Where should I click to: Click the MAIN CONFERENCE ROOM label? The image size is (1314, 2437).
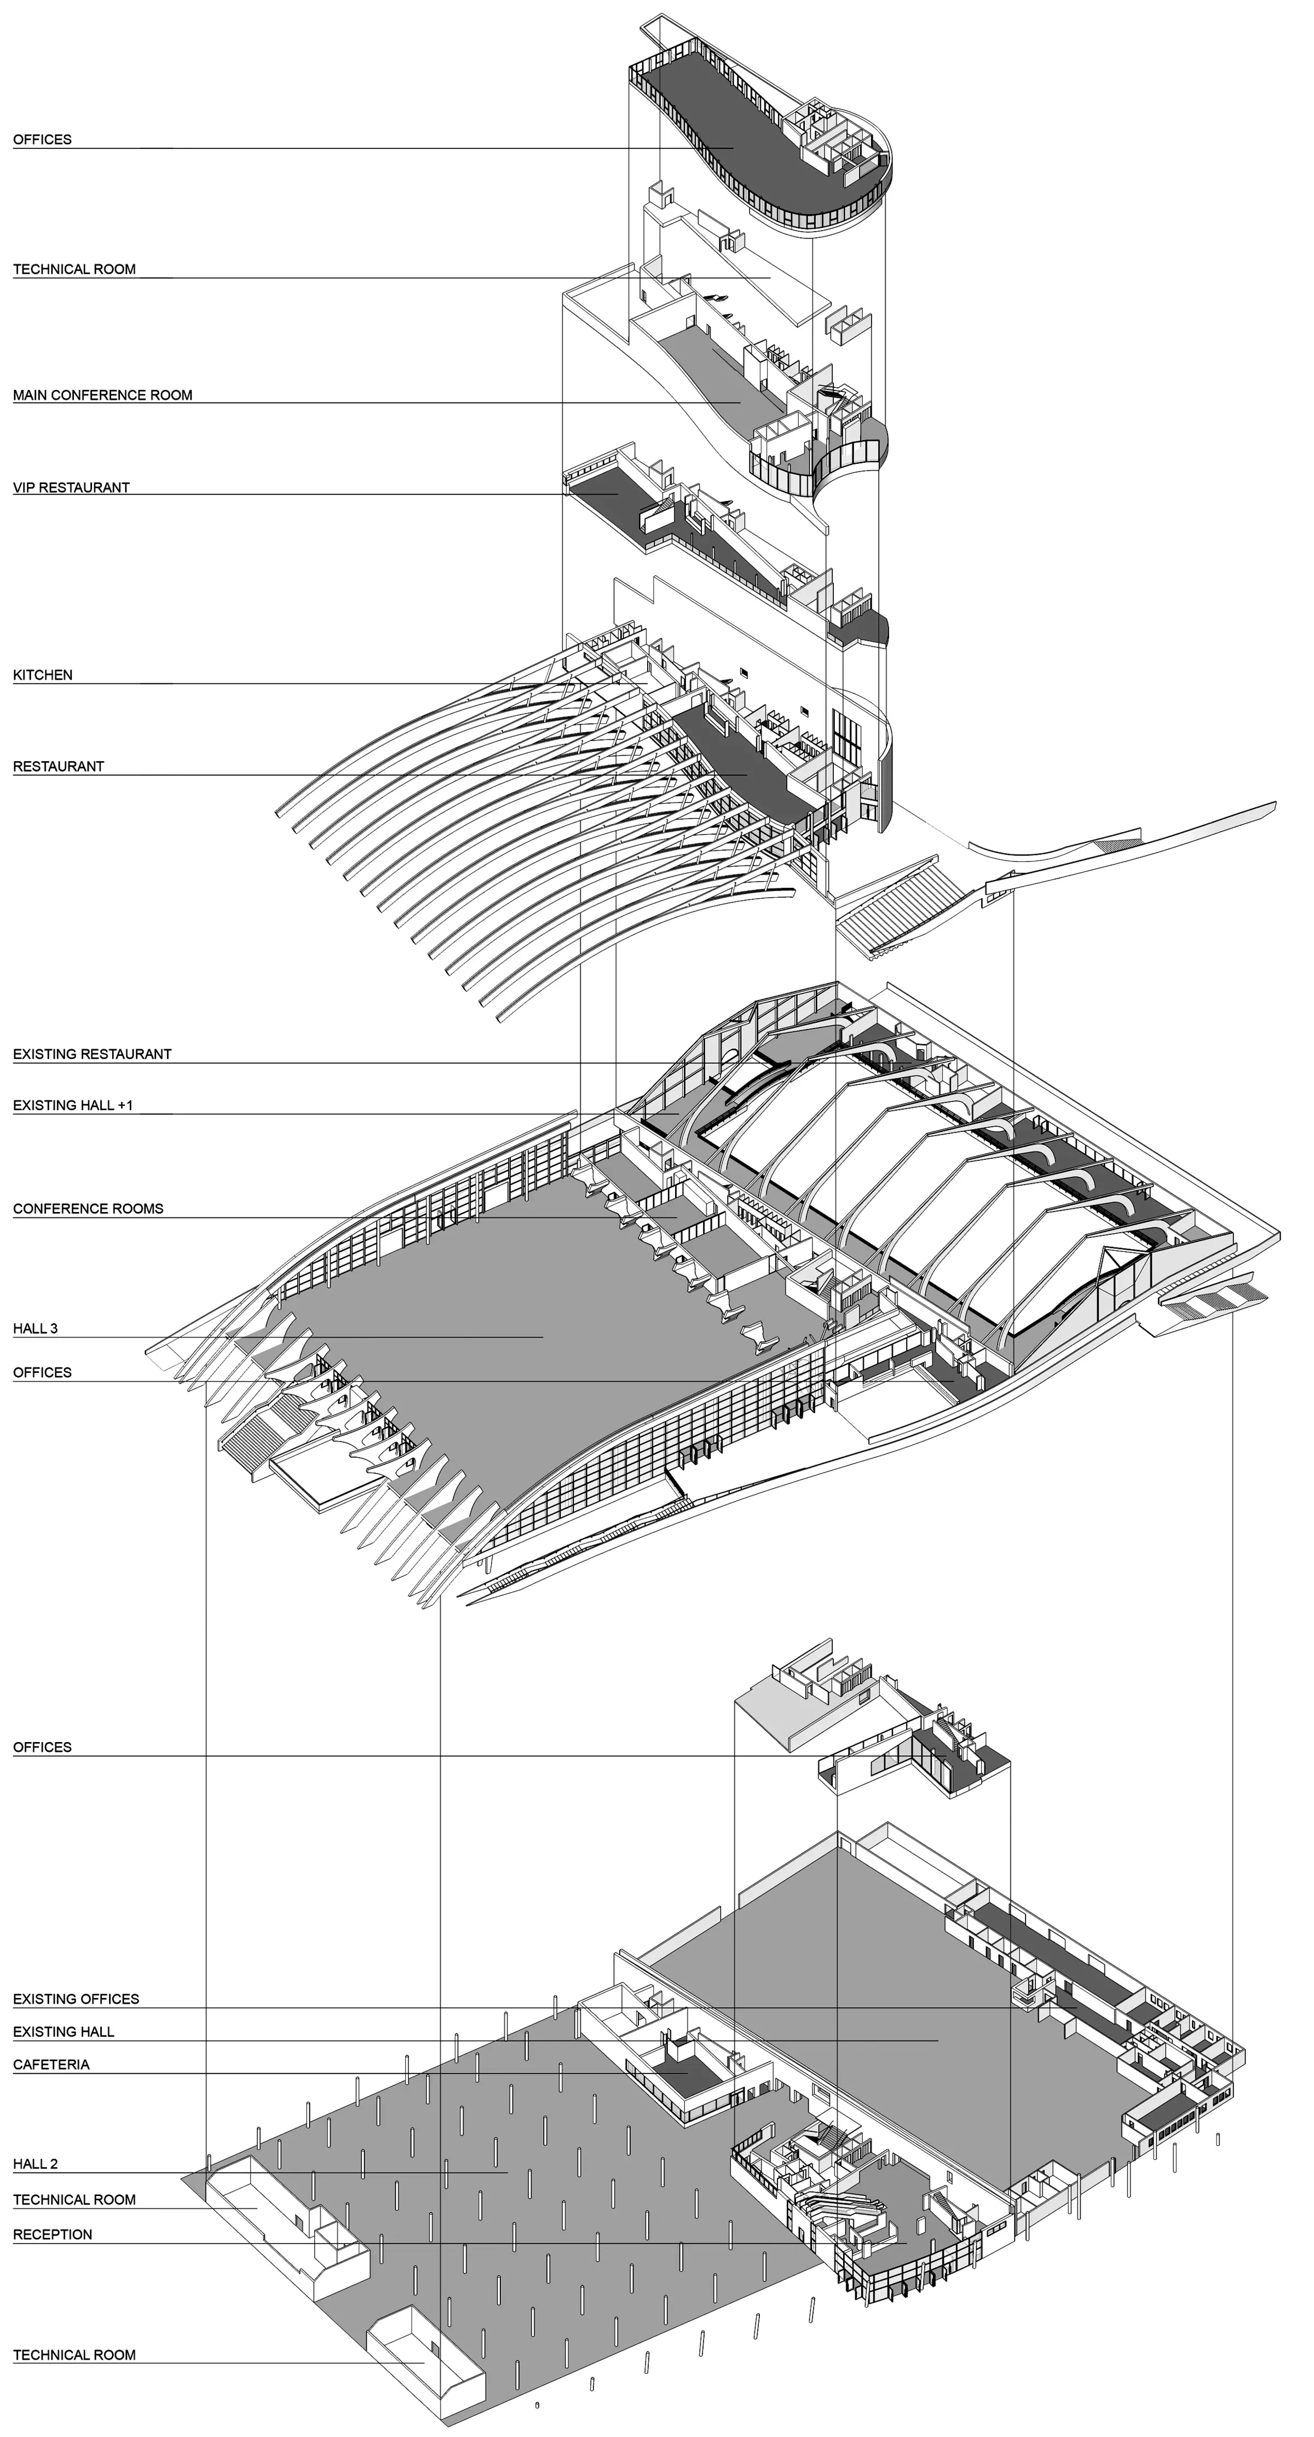[102, 395]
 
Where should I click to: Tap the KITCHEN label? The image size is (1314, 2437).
[43, 675]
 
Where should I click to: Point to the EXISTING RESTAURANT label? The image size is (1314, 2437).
[92, 1054]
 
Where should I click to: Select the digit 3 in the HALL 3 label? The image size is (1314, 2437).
[53, 1328]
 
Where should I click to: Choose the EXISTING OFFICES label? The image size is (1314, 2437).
[76, 1999]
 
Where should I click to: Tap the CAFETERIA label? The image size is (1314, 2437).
[51, 2064]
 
